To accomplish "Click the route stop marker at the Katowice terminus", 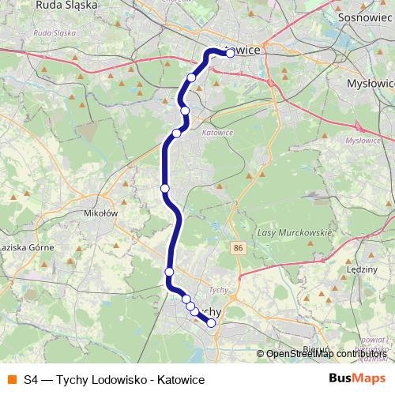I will [x=230, y=54].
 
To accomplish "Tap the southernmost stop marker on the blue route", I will [x=211, y=322].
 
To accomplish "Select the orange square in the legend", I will [x=11, y=380].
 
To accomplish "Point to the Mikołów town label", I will [x=100, y=213].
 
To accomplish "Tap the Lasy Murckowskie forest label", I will [x=293, y=234].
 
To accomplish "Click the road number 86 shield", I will [x=239, y=248].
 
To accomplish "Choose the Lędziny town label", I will [x=363, y=269].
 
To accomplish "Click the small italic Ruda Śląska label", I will [x=54, y=34].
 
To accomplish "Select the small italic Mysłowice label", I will [x=363, y=140].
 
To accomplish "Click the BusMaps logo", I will [x=356, y=380].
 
